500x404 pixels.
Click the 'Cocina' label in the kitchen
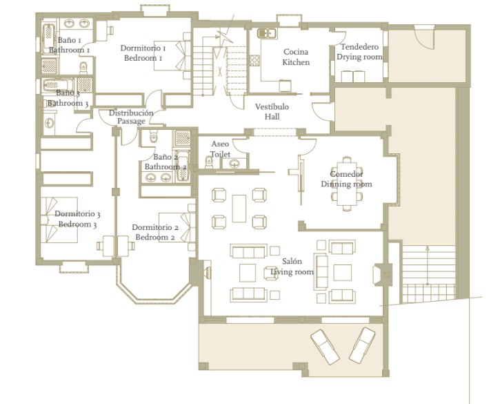pyautogui.click(x=296, y=52)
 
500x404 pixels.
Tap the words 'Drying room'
pyautogui.click(x=359, y=57)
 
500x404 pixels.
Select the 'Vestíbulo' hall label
pyautogui.click(x=272, y=106)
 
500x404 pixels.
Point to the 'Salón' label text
pyautogui.click(x=292, y=261)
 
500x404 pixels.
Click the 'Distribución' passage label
pyautogui.click(x=131, y=113)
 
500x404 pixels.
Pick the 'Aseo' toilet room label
pyautogui.click(x=220, y=144)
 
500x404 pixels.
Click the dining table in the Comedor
pyautogui.click(x=347, y=183)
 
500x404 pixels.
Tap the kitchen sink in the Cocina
pyautogui.click(x=267, y=33)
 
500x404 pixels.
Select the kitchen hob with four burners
pyautogui.click(x=254, y=60)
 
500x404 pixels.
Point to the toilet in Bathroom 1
pyautogui.click(x=83, y=67)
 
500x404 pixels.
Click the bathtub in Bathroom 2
pyautogui.click(x=182, y=166)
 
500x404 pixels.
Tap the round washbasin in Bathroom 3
pyautogui.click(x=50, y=123)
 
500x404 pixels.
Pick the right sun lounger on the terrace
pyautogui.click(x=362, y=345)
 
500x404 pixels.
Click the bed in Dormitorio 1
pyautogui.click(x=172, y=55)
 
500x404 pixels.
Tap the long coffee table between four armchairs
pyautogui.click(x=239, y=209)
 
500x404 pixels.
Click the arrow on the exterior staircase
pyautogui.click(x=428, y=265)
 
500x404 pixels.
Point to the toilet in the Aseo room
pyautogui.click(x=209, y=162)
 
